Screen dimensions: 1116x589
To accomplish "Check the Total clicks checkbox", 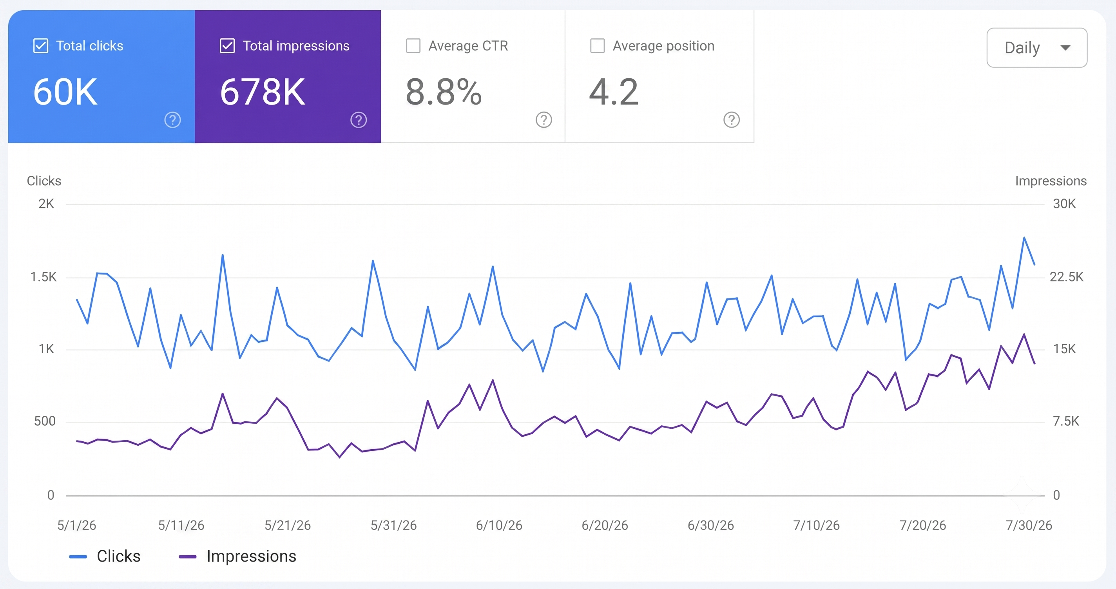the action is tap(41, 46).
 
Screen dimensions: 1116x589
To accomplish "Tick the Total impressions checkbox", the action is tap(227, 46).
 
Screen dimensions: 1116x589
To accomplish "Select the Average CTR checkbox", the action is tap(413, 46).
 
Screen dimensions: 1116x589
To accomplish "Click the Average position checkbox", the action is tap(598, 46).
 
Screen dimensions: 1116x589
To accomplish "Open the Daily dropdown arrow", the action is tap(1065, 48).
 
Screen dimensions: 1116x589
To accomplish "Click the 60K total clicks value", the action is tap(65, 92).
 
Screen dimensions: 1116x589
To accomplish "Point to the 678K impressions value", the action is tap(263, 92).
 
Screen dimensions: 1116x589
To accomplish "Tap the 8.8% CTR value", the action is tap(444, 92).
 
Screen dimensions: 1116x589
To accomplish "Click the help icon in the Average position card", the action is tap(732, 120).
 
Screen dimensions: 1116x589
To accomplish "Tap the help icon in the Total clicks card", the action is tap(172, 120).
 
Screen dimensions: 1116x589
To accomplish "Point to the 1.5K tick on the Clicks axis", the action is tap(43, 277).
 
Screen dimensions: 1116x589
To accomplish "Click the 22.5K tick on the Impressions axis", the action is tap(1067, 277).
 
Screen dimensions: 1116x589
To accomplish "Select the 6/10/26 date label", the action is tap(499, 525).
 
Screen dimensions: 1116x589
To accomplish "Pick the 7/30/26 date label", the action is tap(1029, 525).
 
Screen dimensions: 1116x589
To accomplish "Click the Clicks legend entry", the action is tap(105, 556).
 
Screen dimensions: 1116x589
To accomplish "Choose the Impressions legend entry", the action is tap(237, 556).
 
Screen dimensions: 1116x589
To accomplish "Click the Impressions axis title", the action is tap(1051, 181).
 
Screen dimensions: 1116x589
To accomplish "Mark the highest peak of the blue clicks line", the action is tap(1024, 237).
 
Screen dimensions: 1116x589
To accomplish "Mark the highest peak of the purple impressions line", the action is tap(1024, 334).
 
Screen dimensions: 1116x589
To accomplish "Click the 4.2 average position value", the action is tap(614, 92).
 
